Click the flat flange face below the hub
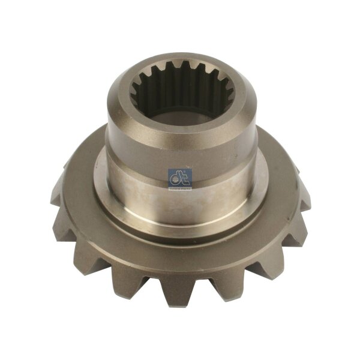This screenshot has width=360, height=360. [180, 240]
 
